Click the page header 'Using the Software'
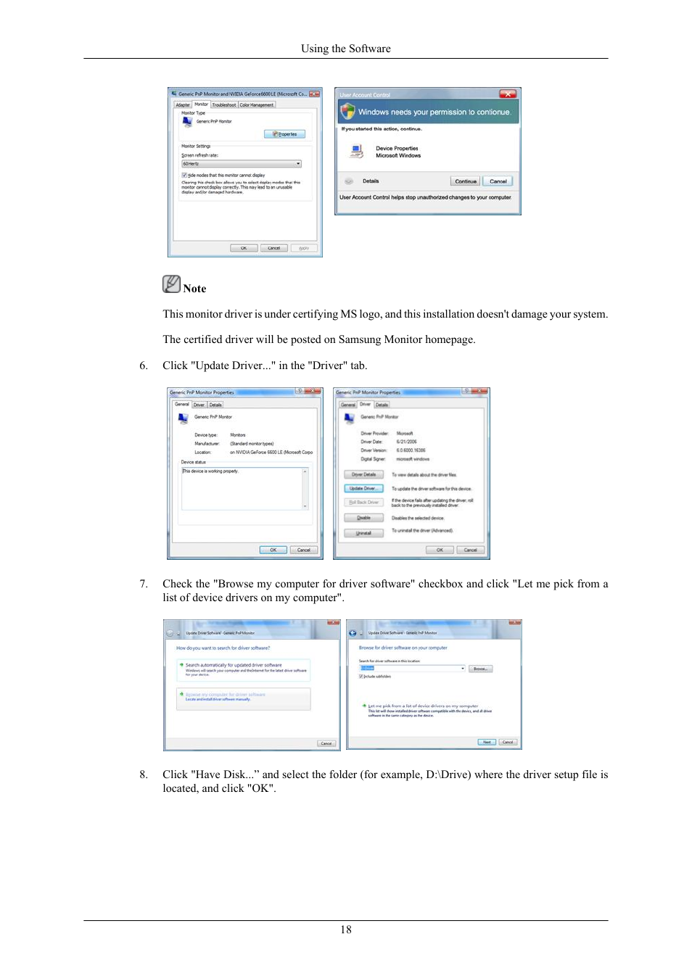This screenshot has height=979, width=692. pos(345,49)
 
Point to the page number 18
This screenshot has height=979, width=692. pos(345,929)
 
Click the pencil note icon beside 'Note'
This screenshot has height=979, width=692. pos(171,284)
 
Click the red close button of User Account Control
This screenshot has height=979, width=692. pos(508,94)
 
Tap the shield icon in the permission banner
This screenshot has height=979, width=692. pos(348,112)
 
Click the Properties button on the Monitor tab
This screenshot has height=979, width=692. pos(285,134)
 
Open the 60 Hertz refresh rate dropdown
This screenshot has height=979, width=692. pos(242,164)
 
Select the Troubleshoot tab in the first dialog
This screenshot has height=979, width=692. pos(224,105)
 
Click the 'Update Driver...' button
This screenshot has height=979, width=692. pos(363,489)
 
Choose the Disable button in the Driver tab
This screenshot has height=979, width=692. pos(363,518)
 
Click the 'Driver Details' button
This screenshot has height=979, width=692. pos(363,475)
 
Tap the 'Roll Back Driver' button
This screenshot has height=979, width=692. pos(363,503)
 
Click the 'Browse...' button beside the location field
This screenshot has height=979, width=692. pos(480,669)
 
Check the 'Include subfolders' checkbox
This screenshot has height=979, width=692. pos(361,677)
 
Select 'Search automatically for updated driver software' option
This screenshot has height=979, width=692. pos(243,668)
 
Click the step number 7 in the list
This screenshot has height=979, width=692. pos(143,584)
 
